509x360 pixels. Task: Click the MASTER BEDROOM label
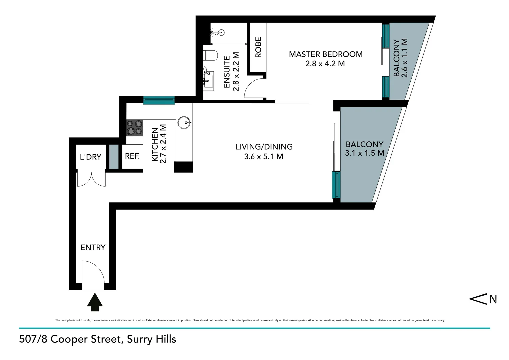[x=325, y=54]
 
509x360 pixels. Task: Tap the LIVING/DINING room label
[x=264, y=147]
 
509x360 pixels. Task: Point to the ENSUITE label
[x=227, y=72]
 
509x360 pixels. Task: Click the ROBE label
[x=258, y=47]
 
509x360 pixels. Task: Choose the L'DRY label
[x=90, y=157]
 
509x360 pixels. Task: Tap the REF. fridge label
[x=132, y=156]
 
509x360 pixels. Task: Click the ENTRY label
[x=93, y=247]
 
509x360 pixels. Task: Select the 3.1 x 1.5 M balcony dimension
[x=364, y=153]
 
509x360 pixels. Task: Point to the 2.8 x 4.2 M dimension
[x=325, y=64]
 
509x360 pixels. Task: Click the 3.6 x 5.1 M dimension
[x=263, y=157]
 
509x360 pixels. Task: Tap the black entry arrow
[x=95, y=302]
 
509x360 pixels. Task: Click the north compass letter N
[x=493, y=299]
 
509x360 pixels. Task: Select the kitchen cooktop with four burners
[x=134, y=128]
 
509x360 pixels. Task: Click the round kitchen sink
[x=184, y=122]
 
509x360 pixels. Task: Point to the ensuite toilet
[x=210, y=55]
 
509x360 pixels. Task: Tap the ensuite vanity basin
[x=209, y=80]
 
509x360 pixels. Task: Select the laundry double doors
[x=91, y=179]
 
